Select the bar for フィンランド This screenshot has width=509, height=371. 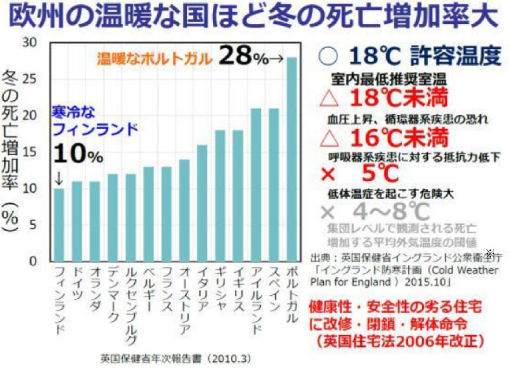click(x=60, y=224)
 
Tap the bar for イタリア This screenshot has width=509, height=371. click(x=203, y=203)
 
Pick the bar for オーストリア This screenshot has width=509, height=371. click(x=185, y=210)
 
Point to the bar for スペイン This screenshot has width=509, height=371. click(x=273, y=184)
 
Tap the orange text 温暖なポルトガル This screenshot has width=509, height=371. click(x=155, y=58)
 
